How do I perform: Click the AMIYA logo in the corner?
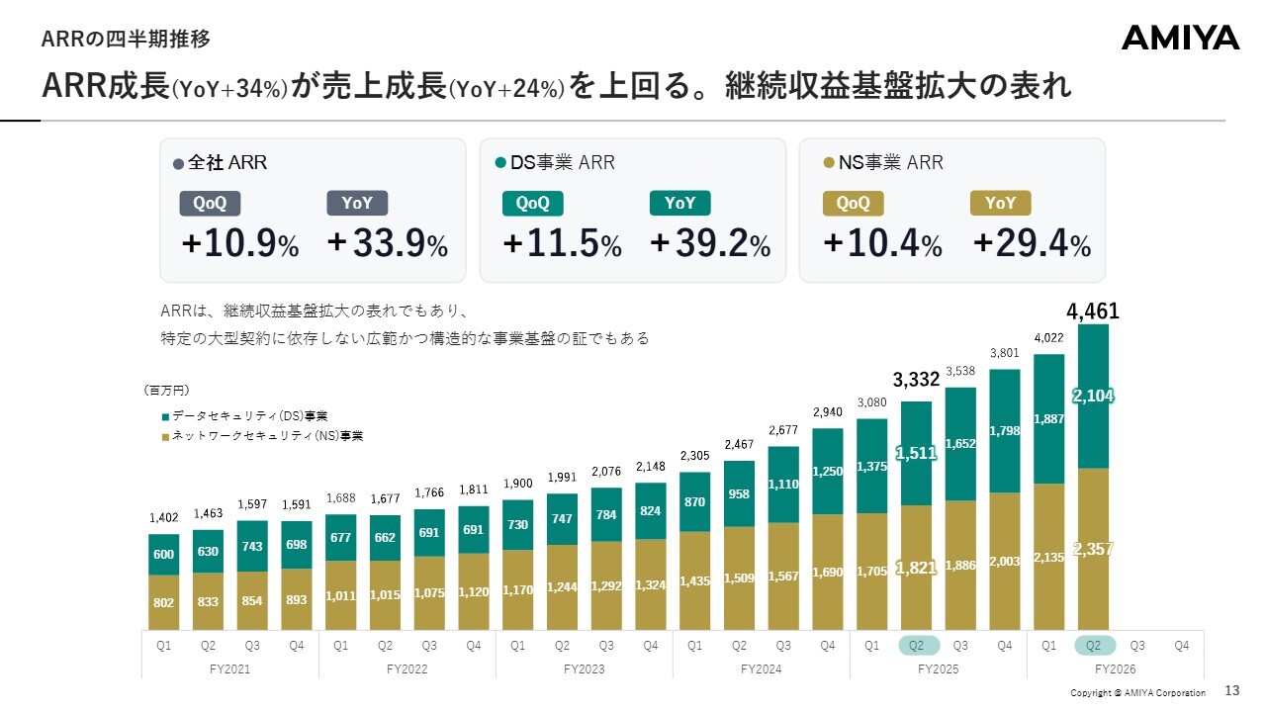click(1180, 38)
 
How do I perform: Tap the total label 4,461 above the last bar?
click(1093, 311)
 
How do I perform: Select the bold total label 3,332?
click(916, 379)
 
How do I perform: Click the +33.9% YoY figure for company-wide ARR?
click(387, 243)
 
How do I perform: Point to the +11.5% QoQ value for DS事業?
click(562, 243)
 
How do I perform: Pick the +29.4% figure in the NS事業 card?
click(1032, 243)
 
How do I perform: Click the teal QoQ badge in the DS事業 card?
click(532, 204)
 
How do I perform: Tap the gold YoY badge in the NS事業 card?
click(1000, 203)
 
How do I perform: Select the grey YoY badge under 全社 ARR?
click(357, 203)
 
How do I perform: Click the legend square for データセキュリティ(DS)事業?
click(165, 417)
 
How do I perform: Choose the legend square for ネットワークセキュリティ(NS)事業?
click(165, 437)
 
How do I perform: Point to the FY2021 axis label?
click(229, 669)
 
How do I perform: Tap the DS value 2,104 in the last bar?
click(1093, 396)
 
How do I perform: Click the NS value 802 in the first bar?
click(163, 602)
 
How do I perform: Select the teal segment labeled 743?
click(252, 546)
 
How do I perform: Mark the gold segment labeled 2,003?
click(1004, 561)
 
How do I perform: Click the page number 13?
click(1232, 690)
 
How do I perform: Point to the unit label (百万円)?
click(167, 390)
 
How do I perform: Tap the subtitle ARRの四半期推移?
click(126, 39)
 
